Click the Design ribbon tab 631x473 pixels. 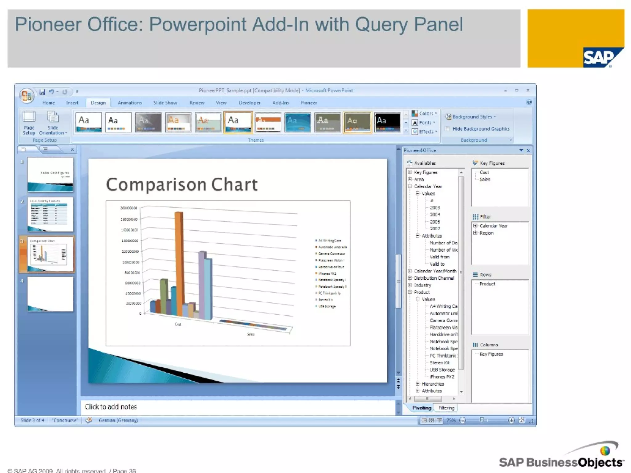(98, 103)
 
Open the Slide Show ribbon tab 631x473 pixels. (165, 103)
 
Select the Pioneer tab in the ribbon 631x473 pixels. (308, 103)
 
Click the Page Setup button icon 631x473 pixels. (29, 117)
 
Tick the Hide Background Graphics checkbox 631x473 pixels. (447, 129)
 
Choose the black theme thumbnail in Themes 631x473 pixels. (387, 122)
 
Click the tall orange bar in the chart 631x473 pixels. (179, 262)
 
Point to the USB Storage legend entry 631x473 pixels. (327, 306)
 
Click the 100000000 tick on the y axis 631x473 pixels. (130, 262)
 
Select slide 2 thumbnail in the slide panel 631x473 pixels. (50, 214)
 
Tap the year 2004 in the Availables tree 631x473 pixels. (435, 215)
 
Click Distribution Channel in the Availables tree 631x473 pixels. (434, 278)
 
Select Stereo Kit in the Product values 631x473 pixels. (439, 363)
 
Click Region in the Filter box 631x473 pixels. (486, 233)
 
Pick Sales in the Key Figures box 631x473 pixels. (485, 180)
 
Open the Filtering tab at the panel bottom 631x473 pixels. (446, 408)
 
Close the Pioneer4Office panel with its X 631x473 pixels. (528, 151)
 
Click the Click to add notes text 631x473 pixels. (111, 407)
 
